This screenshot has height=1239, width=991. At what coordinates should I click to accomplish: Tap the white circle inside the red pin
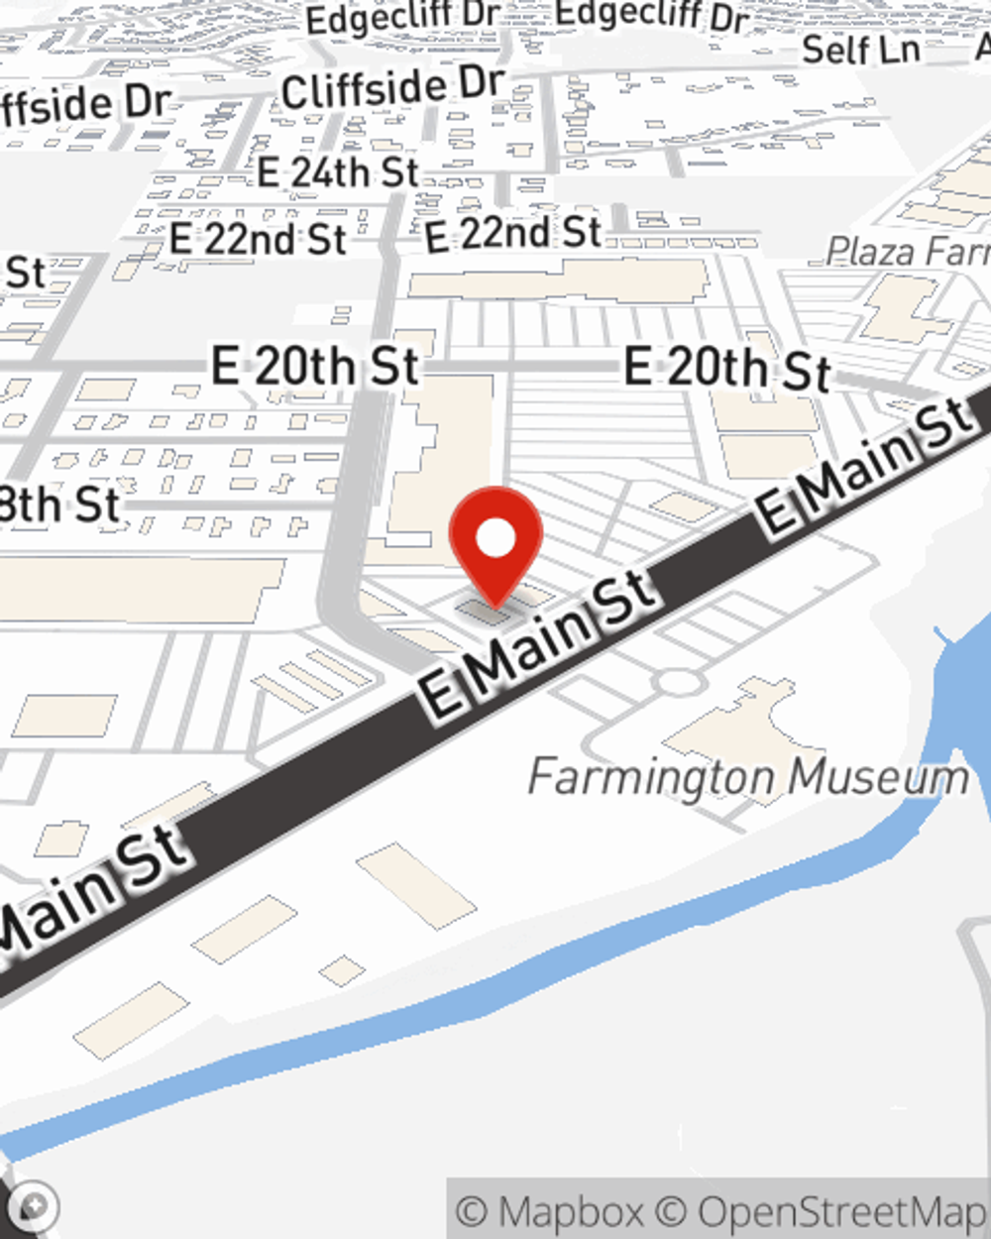[495, 539]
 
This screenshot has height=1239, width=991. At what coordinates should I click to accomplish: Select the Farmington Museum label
[748, 777]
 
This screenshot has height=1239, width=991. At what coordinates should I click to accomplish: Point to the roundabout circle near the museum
[678, 682]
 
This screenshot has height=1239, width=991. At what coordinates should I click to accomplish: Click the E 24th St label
[338, 172]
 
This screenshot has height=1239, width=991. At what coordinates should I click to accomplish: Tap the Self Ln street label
[860, 50]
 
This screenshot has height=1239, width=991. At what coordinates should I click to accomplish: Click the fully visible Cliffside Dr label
[393, 88]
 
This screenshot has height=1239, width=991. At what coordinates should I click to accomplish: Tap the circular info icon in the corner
[34, 1206]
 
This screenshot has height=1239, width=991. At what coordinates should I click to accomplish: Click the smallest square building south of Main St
[342, 970]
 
